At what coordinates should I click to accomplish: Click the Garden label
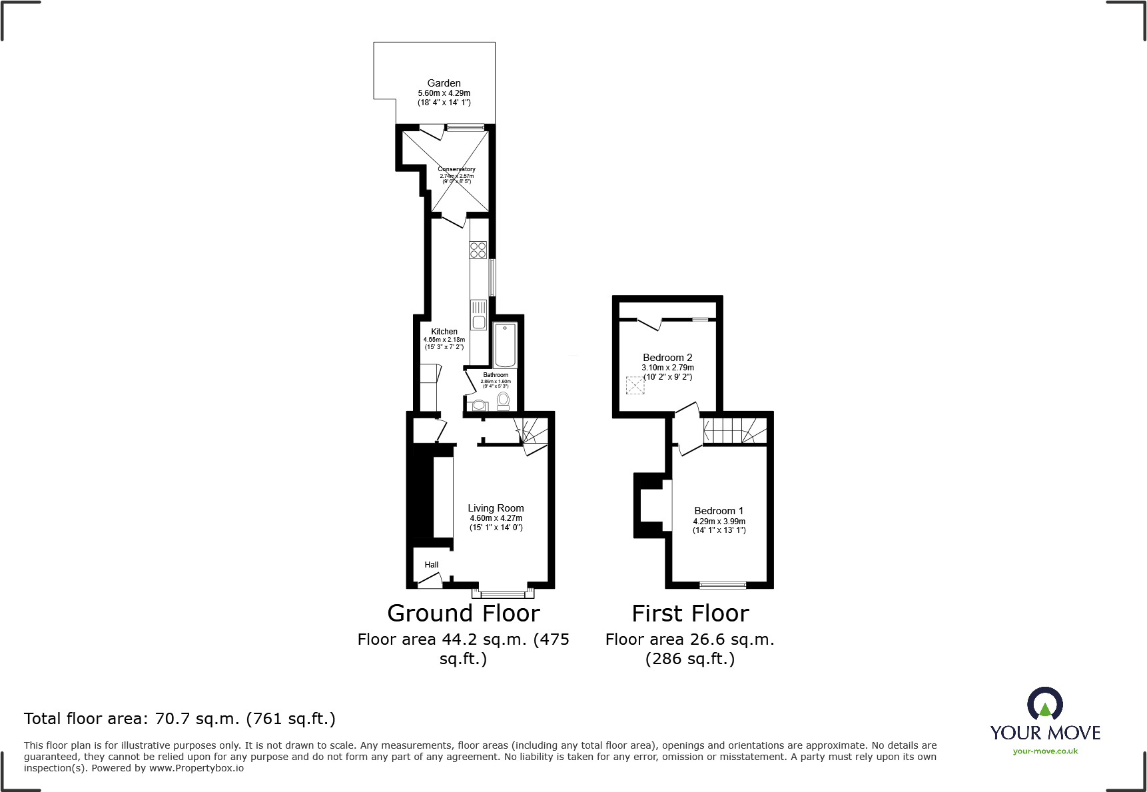click(444, 83)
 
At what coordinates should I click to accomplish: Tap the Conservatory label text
click(456, 169)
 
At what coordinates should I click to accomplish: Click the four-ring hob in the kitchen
click(478, 250)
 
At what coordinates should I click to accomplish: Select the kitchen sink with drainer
click(478, 315)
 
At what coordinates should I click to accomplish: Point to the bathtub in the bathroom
click(506, 344)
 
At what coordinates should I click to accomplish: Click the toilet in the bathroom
click(504, 400)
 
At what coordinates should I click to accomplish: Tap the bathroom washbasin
click(479, 404)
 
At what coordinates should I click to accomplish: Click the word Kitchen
click(444, 331)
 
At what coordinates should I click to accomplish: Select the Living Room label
click(496, 508)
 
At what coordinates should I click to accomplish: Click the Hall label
click(432, 565)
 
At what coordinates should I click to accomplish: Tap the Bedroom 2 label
click(667, 358)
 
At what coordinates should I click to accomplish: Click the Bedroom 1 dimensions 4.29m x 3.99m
click(719, 522)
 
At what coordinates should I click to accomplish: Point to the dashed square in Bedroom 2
click(635, 386)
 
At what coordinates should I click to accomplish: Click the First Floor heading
click(690, 613)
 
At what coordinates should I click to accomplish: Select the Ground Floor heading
click(464, 613)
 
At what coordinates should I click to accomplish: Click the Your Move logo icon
click(1044, 704)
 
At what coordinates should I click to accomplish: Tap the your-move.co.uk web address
click(1045, 751)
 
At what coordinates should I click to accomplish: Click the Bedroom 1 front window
click(723, 586)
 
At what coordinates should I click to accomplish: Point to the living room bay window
click(504, 592)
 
